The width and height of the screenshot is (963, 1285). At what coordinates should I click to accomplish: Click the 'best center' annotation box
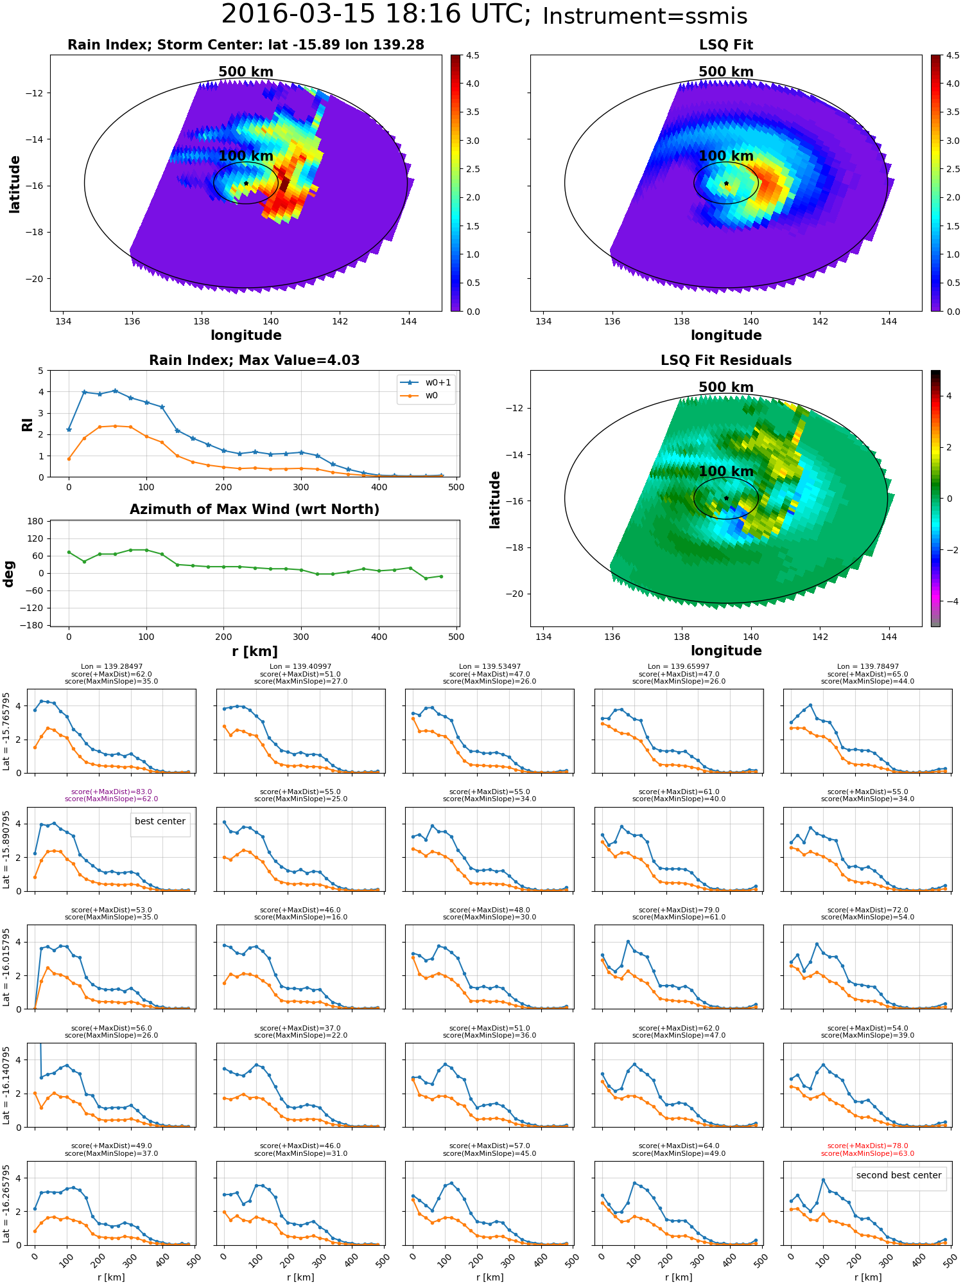pos(160,822)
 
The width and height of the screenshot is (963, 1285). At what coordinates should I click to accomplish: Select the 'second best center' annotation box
pos(899,1176)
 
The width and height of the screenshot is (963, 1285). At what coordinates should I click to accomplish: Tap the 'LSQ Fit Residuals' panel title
pos(726,360)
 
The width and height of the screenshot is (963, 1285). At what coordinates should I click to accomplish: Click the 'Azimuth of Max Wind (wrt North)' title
pos(254,510)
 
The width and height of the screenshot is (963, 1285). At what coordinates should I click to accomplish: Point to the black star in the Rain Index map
pos(246,183)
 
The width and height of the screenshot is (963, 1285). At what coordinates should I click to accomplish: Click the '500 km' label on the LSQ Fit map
pos(726,72)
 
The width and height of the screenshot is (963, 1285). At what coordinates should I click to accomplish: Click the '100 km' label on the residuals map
pos(726,472)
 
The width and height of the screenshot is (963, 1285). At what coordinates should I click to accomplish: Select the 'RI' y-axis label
pos(28,424)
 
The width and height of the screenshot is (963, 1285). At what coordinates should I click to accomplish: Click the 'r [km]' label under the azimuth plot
pos(255,651)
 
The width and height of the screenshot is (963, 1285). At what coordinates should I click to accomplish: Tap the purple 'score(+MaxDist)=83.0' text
pos(112,792)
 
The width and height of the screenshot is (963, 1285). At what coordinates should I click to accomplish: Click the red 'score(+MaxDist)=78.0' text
pos(868,1146)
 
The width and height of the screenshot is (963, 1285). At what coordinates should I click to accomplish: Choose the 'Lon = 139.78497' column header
pos(868,667)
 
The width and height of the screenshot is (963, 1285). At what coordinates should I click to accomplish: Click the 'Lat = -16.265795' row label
pos(6,1203)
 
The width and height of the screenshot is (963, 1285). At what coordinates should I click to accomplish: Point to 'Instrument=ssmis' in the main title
pos(645,17)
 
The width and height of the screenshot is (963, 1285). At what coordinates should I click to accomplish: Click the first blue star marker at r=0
pos(69,430)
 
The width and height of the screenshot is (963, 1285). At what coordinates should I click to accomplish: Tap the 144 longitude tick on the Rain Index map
pos(409,321)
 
